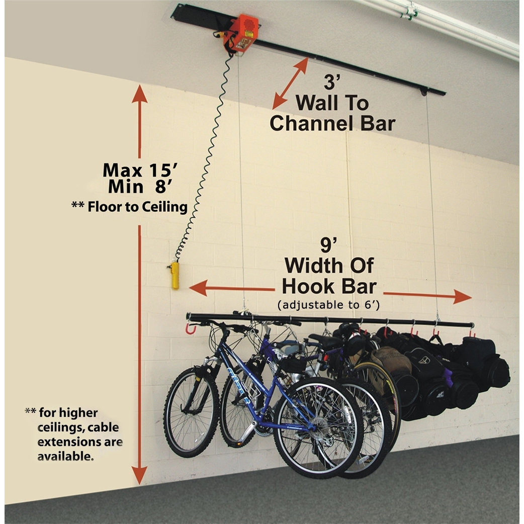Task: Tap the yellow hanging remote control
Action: [x=175, y=275]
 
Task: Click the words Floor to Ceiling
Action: [x=137, y=207]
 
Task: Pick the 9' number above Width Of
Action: [x=328, y=245]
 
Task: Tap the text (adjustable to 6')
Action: [x=328, y=305]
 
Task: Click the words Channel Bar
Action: [x=332, y=123]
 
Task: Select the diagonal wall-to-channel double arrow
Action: [x=291, y=83]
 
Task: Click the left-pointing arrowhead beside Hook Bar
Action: [x=198, y=288]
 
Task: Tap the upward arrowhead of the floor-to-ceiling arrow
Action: [x=140, y=94]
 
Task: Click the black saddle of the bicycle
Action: [x=326, y=340]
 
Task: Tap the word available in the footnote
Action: [x=65, y=458]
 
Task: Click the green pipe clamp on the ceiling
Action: [x=411, y=11]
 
